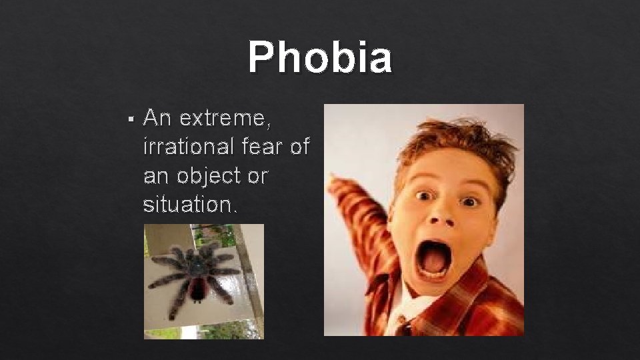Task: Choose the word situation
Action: coord(189,204)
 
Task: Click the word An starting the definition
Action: coord(157,119)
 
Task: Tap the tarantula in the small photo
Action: coord(194,273)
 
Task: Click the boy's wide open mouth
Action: coord(434,259)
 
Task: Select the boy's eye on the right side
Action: coord(469,200)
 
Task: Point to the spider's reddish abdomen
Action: coord(197,290)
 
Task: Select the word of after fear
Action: coord(300,147)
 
